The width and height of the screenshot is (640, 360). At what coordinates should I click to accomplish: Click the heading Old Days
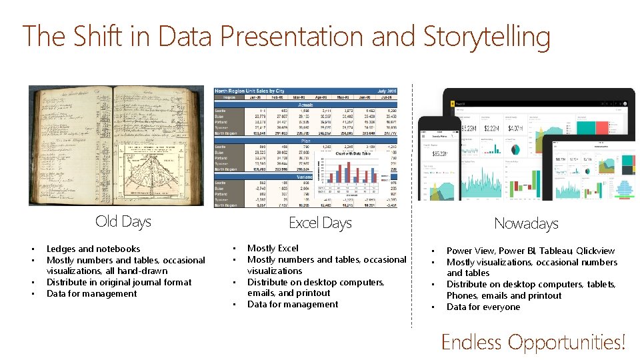123,221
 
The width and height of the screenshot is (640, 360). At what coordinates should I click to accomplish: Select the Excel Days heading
320,223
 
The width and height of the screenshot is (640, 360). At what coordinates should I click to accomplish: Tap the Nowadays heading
526,223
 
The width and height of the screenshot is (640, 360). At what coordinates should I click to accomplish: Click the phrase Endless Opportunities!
533,342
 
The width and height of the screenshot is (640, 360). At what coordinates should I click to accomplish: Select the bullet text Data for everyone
483,307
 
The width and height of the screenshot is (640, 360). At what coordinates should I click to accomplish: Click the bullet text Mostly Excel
273,248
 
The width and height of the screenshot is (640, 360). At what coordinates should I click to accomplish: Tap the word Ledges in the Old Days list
61,249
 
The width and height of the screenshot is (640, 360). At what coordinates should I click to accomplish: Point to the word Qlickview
595,251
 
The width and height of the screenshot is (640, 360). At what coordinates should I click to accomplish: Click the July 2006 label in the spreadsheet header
387,91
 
